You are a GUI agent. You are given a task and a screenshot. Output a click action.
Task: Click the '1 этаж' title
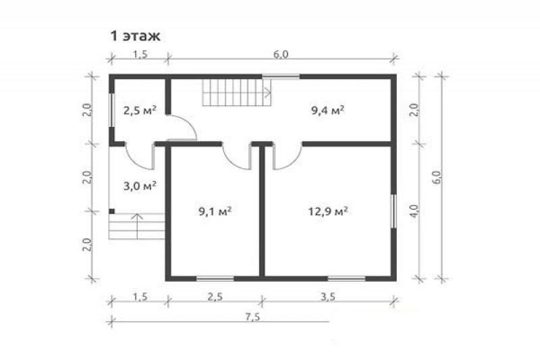click(x=135, y=36)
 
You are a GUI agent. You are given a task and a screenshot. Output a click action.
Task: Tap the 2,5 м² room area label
click(x=140, y=111)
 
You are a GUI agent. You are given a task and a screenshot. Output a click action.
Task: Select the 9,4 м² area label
click(x=328, y=111)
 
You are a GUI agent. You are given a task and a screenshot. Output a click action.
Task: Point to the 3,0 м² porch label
click(x=140, y=186)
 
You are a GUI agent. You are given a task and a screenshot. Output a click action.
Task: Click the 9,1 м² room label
click(x=215, y=211)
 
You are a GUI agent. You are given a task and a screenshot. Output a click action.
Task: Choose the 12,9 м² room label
click(x=327, y=211)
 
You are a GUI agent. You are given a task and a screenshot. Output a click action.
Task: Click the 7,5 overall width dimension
click(x=252, y=317)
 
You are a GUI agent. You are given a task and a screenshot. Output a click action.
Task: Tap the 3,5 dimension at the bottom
click(x=328, y=297)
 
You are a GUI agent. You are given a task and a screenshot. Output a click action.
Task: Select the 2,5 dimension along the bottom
click(x=215, y=297)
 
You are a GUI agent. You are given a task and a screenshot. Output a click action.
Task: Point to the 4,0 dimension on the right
click(x=414, y=211)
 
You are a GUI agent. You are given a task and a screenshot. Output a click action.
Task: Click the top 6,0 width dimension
click(x=281, y=54)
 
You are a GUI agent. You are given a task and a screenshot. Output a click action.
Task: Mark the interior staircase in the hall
click(x=237, y=93)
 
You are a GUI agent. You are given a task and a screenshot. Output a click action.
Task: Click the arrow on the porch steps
click(x=137, y=226)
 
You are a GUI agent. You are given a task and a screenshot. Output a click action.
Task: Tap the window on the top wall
click(x=281, y=76)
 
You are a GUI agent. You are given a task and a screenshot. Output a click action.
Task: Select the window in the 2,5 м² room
click(x=111, y=110)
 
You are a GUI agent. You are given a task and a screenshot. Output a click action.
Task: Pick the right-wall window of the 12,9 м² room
click(x=394, y=211)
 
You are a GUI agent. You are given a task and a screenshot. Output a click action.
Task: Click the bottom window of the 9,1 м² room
click(x=215, y=278)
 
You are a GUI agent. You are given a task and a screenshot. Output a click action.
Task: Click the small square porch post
click(x=111, y=211)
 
